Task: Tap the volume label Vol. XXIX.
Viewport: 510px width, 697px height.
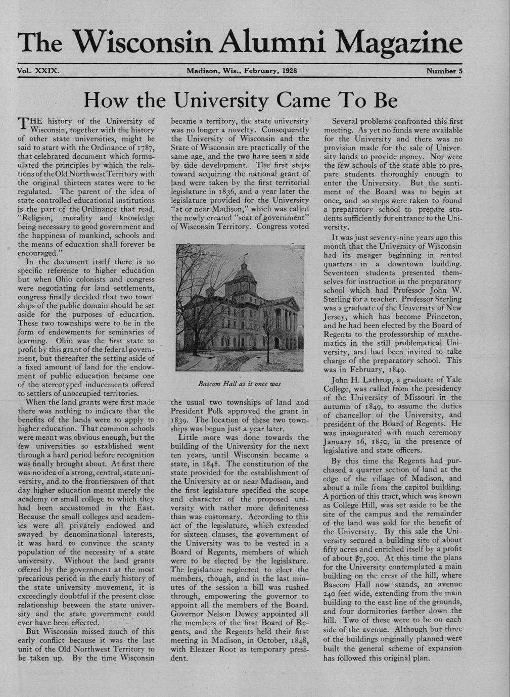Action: (38, 71)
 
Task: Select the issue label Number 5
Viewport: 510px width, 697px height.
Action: (444, 71)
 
